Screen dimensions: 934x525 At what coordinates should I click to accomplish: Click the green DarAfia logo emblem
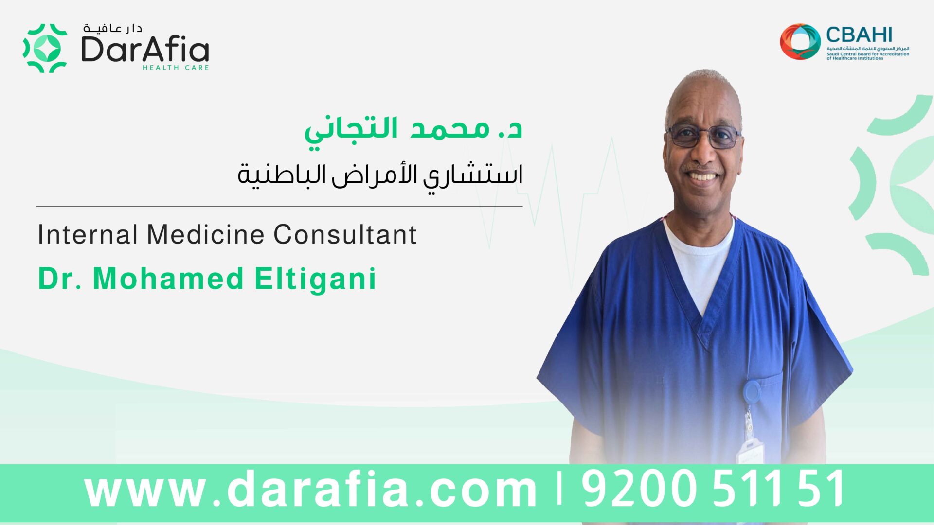tap(45, 48)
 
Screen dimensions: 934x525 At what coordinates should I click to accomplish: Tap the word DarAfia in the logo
tap(145, 49)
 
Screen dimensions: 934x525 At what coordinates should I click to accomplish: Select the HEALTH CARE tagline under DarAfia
tap(176, 68)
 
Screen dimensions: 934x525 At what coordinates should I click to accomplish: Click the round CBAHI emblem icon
tap(800, 42)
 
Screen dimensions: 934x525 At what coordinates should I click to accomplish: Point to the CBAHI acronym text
tap(859, 35)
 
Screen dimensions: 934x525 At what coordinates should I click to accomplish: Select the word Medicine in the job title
tap(205, 234)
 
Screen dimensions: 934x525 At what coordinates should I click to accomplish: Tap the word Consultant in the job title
tap(345, 234)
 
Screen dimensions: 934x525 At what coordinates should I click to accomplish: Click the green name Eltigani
tap(315, 279)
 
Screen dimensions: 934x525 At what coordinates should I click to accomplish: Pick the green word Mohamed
tap(168, 279)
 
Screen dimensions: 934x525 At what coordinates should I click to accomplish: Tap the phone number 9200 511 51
tap(713, 488)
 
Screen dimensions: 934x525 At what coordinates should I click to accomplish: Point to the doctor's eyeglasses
tap(704, 136)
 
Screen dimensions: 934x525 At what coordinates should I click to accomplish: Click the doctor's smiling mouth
tap(702, 175)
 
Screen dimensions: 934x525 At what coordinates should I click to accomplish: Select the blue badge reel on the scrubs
tap(752, 392)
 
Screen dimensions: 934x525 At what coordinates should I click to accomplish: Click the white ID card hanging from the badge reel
tap(750, 452)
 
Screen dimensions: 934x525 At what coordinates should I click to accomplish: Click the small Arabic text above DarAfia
tap(112, 28)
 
